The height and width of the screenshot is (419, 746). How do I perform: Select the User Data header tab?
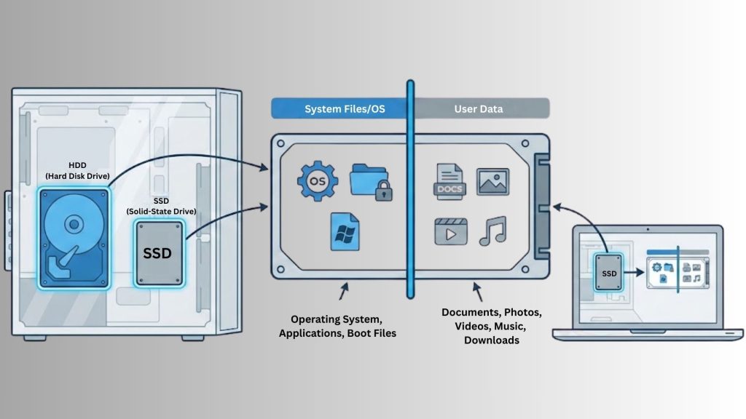[x=479, y=109]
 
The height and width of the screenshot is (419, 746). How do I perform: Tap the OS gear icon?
[x=318, y=180]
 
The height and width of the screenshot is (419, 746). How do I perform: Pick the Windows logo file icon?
[x=344, y=231]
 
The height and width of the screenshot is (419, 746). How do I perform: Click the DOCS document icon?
[x=449, y=181]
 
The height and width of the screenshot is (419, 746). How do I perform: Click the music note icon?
[x=492, y=231]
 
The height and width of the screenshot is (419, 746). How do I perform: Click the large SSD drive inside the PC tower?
[x=158, y=253]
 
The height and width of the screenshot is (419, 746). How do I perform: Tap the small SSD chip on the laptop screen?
[x=609, y=273]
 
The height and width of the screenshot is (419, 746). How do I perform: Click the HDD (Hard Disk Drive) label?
[x=76, y=170]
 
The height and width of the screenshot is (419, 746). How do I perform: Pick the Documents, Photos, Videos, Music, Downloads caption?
[x=491, y=325]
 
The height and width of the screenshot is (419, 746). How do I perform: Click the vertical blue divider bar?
[x=410, y=189]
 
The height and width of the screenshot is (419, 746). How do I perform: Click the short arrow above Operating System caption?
[x=342, y=293]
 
